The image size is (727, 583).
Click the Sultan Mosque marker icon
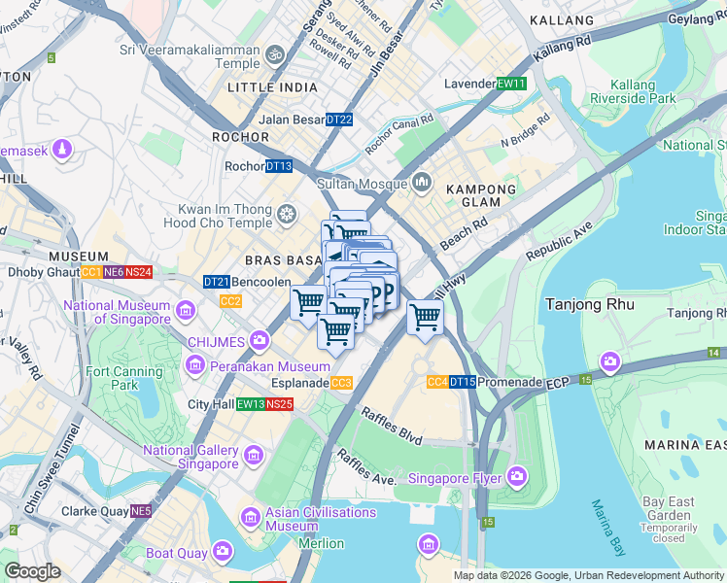coord(423,182)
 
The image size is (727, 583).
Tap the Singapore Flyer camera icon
coord(516,476)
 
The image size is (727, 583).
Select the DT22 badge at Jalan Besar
coord(339,120)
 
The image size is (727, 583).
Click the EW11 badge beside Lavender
coord(511,84)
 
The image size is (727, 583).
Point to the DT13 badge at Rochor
coord(279,166)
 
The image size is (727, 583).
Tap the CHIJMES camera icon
coord(260,339)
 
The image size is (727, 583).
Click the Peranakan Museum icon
coord(195,366)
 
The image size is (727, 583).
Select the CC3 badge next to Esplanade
coord(341,383)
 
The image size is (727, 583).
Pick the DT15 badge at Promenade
coord(462,382)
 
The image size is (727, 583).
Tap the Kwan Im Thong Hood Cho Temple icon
coord(287,213)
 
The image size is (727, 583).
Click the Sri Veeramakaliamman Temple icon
coord(275,54)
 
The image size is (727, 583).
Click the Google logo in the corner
coord(32,571)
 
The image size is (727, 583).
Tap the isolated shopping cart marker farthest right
coord(425,316)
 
